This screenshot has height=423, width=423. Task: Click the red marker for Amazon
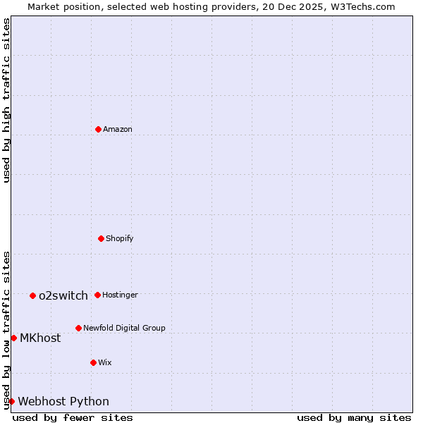[x=98, y=129]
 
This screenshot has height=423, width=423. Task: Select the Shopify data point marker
[x=101, y=238]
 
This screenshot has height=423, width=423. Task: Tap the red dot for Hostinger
[x=97, y=295]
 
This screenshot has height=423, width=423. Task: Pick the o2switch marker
[x=32, y=295]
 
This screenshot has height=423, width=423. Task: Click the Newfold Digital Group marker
[x=78, y=328]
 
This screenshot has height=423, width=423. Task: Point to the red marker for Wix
[x=93, y=362]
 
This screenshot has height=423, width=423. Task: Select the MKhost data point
[x=13, y=338]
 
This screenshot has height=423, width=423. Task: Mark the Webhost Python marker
[x=11, y=401]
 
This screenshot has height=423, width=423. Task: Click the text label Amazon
[x=118, y=129]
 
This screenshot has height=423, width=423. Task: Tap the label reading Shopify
[x=120, y=238]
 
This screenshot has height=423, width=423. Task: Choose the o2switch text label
[x=63, y=295]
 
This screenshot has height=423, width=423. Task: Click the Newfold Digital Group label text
[x=124, y=328]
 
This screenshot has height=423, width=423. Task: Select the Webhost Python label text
[x=63, y=401]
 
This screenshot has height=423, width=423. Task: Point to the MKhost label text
[x=40, y=338]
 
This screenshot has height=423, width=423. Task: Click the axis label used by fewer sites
[x=73, y=417]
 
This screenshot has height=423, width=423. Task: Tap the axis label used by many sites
[x=354, y=417]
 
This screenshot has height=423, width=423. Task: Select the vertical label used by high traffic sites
[x=6, y=100]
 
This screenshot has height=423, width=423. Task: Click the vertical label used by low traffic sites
[x=6, y=329]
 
